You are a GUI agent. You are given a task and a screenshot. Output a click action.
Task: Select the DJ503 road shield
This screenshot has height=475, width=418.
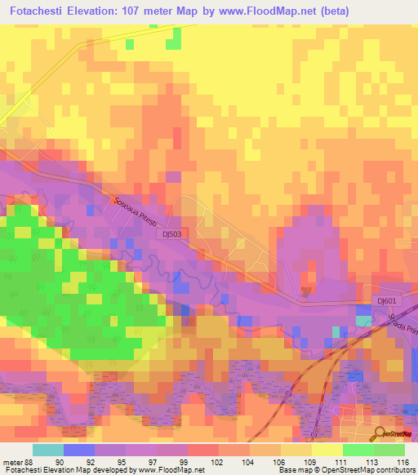[170, 233]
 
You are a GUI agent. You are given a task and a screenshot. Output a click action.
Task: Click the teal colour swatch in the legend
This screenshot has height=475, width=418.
[48, 450]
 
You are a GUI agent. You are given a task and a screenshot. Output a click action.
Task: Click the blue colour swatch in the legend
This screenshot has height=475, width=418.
[80, 450]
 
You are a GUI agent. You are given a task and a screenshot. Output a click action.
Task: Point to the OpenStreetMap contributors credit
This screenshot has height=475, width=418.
[372, 470]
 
